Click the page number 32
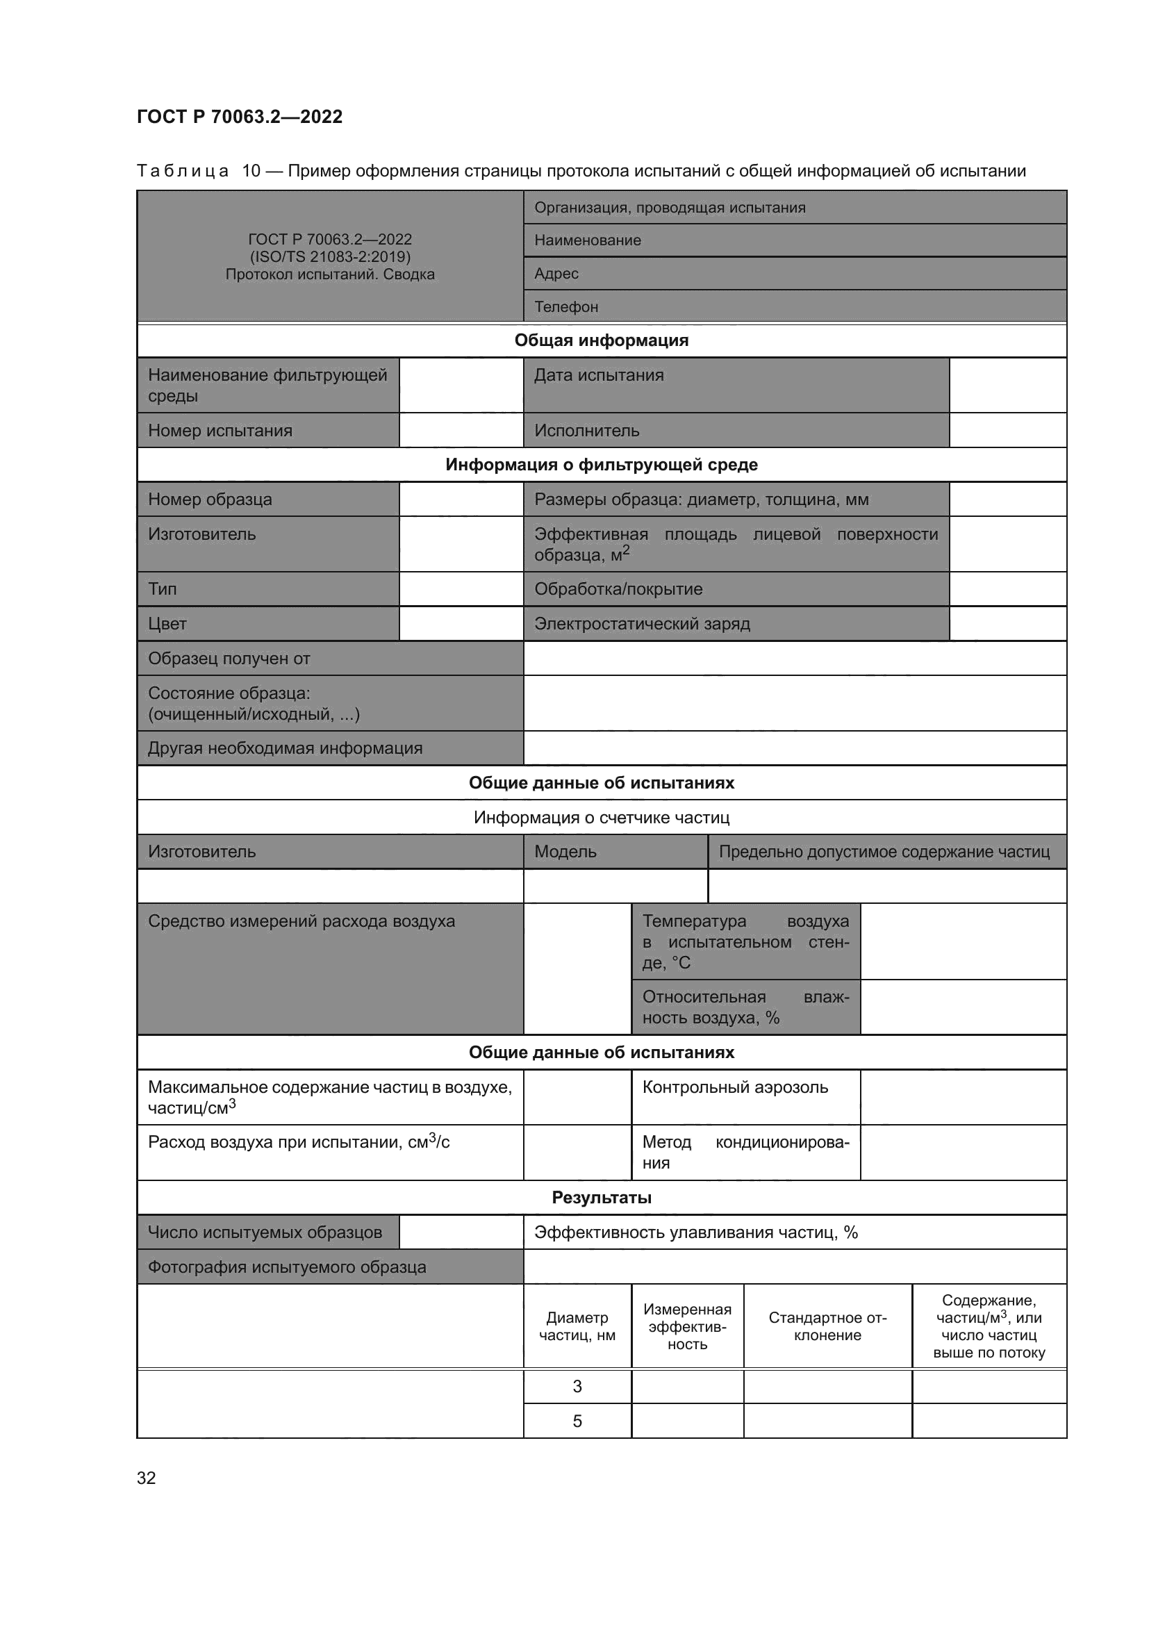(147, 1478)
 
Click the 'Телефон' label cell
(566, 306)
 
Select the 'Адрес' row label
(556, 273)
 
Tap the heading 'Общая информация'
(602, 340)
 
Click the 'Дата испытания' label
(599, 375)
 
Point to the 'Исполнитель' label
(586, 430)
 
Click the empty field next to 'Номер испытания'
(461, 430)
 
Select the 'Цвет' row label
(167, 623)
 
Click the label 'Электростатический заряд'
(642, 623)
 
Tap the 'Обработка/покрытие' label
(618, 589)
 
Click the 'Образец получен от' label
(229, 658)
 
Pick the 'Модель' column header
(565, 852)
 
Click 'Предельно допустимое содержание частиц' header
(884, 852)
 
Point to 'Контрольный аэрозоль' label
(735, 1087)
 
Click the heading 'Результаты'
(602, 1198)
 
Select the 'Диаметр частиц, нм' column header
(577, 1326)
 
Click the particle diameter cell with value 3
(577, 1387)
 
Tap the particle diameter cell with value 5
(577, 1421)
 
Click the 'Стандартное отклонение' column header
(828, 1326)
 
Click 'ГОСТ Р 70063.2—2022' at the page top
(240, 117)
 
